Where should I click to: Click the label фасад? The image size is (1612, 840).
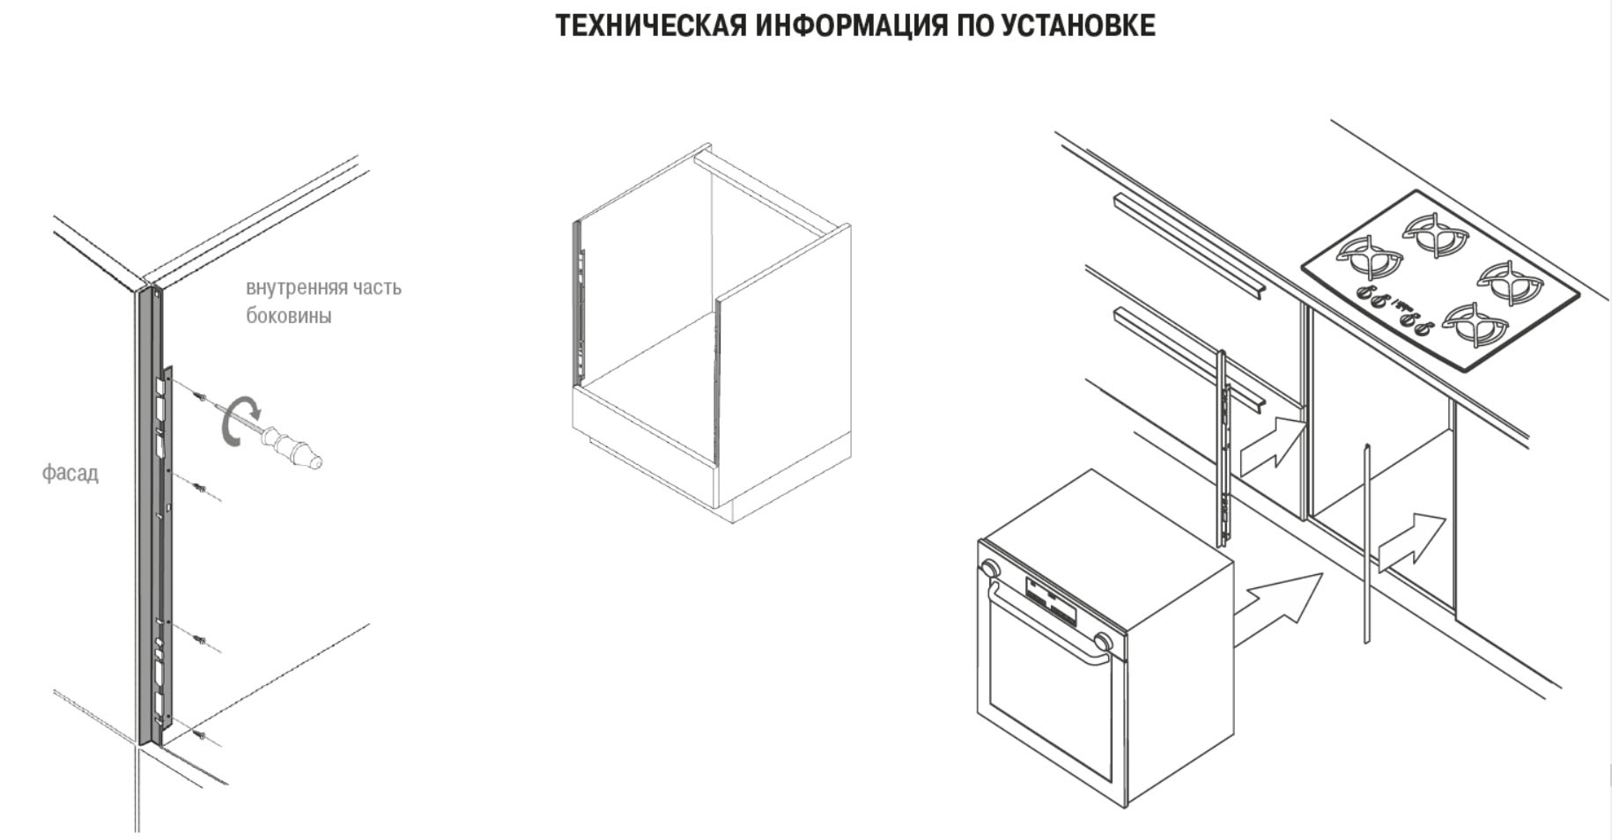(70, 474)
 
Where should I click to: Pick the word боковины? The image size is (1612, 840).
(289, 315)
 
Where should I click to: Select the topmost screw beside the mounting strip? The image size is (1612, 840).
(201, 396)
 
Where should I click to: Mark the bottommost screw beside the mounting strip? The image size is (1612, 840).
(201, 733)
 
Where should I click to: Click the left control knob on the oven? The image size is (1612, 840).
(991, 568)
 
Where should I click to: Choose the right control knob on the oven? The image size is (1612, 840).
(1102, 641)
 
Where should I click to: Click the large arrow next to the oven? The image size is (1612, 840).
(1277, 608)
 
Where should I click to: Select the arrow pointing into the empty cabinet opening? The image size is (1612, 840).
(1411, 543)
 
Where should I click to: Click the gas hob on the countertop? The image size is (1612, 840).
(1441, 281)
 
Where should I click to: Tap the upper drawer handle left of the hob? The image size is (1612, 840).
(1189, 247)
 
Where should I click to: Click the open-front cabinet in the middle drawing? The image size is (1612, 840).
(712, 335)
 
